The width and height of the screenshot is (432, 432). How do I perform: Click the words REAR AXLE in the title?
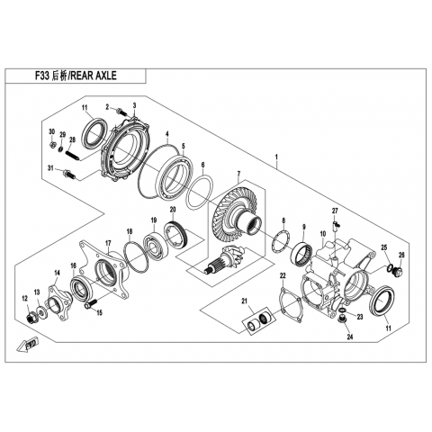tap(93, 76)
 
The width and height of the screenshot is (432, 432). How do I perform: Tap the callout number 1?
tap(276, 157)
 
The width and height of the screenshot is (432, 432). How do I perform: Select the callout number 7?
tap(238, 174)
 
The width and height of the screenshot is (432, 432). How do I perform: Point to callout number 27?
tap(335, 211)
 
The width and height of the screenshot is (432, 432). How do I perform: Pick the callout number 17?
tap(108, 242)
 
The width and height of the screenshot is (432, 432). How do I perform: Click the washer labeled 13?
tap(40, 310)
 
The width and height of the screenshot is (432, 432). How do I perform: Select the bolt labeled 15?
tap(91, 303)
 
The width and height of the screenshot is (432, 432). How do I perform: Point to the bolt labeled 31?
tap(69, 174)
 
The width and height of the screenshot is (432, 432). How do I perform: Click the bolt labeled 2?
tap(121, 112)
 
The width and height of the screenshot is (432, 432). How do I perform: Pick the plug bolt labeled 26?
tap(399, 272)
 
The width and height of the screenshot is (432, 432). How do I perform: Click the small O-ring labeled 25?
tap(390, 266)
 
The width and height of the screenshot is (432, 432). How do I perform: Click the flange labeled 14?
tap(58, 301)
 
